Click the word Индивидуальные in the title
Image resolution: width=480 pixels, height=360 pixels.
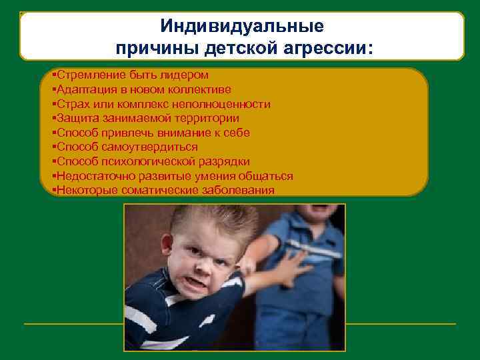click(x=242, y=27)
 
